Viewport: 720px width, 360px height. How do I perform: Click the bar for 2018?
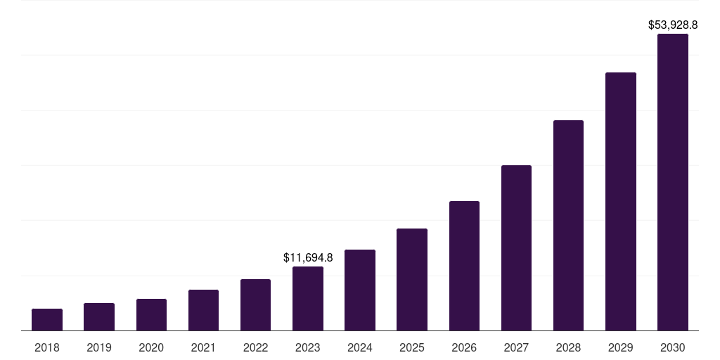[47, 320]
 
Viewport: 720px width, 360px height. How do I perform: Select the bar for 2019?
[99, 317]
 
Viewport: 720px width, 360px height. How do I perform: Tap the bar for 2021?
[203, 310]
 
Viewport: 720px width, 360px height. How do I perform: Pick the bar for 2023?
[308, 299]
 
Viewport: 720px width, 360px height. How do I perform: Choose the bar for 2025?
[412, 280]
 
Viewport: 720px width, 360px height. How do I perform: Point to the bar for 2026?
[464, 266]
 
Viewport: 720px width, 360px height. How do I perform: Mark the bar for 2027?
[516, 248]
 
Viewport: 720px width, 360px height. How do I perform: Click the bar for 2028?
[568, 226]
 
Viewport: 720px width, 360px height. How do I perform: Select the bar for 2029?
[621, 202]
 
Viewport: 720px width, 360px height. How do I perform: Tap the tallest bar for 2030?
[673, 182]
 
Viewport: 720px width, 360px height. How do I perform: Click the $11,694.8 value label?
[308, 258]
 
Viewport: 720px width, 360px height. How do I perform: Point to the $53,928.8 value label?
[673, 25]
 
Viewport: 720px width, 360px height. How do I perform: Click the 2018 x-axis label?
[47, 347]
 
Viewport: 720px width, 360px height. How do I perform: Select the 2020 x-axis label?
[151, 347]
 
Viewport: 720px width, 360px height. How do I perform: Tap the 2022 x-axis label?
[255, 347]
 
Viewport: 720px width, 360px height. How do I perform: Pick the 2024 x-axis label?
[360, 347]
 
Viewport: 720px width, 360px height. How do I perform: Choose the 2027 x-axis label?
[516, 347]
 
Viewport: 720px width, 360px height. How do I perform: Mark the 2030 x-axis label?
[673, 347]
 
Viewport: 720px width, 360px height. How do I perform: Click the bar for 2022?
[255, 305]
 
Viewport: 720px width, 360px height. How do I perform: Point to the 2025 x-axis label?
[412, 347]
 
